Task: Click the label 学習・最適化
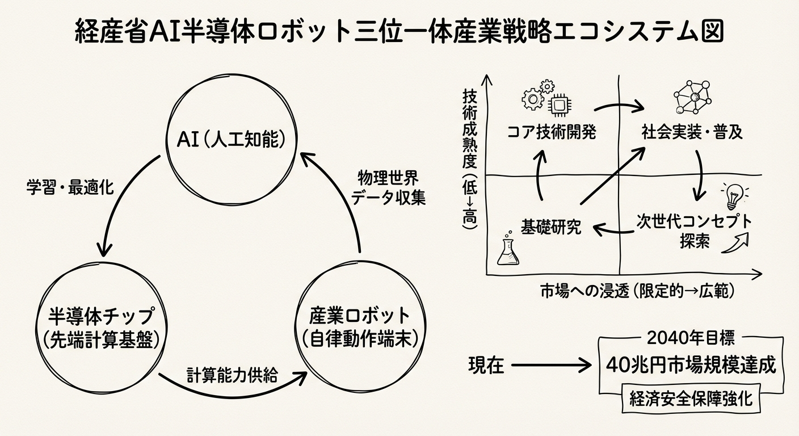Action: pyautogui.click(x=70, y=187)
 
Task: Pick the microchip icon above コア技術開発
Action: pyautogui.click(x=560, y=104)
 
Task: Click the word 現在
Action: pyautogui.click(x=486, y=366)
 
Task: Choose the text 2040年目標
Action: pyautogui.click(x=690, y=339)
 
